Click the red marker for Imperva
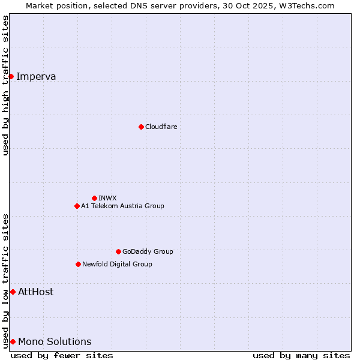coord(11,76)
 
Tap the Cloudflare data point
coord(141,127)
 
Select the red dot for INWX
coord(94,198)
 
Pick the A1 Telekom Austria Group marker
coord(77,206)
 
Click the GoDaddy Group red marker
coord(118,251)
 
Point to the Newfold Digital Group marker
coord(78,264)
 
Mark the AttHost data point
coord(13,292)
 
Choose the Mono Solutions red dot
coord(13,341)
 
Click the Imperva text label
coord(36,76)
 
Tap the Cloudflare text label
coord(161,127)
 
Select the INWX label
coord(107,198)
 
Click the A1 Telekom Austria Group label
coord(122,206)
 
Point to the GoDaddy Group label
coord(148,251)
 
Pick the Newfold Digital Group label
coord(117,264)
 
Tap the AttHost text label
coord(36,292)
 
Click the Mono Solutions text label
coord(55,341)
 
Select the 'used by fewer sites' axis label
coord(62,355)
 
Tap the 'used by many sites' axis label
coord(301,355)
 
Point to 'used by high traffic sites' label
coord(5,85)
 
